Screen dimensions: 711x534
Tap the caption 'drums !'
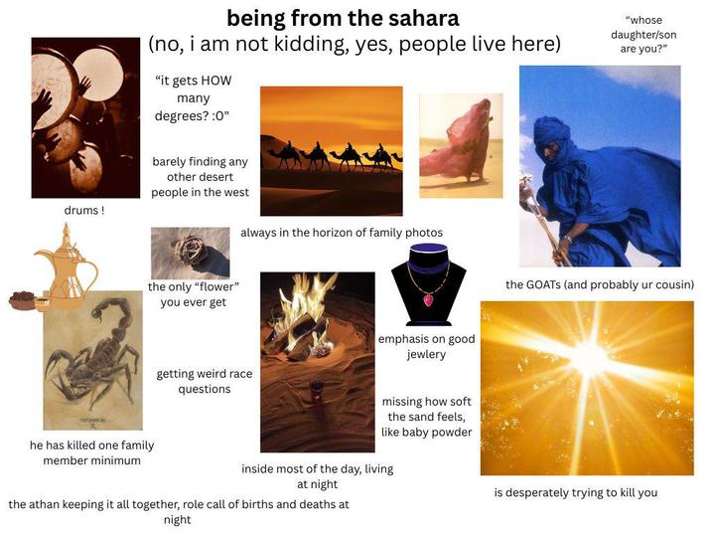point(84,210)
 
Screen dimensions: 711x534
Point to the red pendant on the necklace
point(429,299)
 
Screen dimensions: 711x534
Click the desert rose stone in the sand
point(193,250)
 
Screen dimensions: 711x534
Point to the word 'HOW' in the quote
point(216,81)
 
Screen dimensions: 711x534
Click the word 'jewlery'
point(426,354)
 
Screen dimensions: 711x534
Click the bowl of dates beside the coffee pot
point(22,299)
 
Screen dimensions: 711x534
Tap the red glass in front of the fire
point(316,392)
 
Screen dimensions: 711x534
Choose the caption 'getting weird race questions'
point(205,382)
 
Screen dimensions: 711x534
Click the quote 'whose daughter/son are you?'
point(643,35)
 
